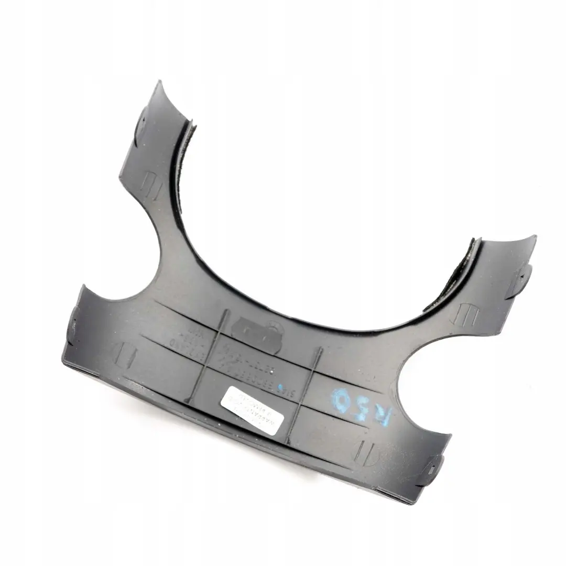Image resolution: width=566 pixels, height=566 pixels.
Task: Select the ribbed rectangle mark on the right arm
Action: (x=466, y=313)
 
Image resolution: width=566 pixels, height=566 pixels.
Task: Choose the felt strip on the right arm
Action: (x=451, y=278)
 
